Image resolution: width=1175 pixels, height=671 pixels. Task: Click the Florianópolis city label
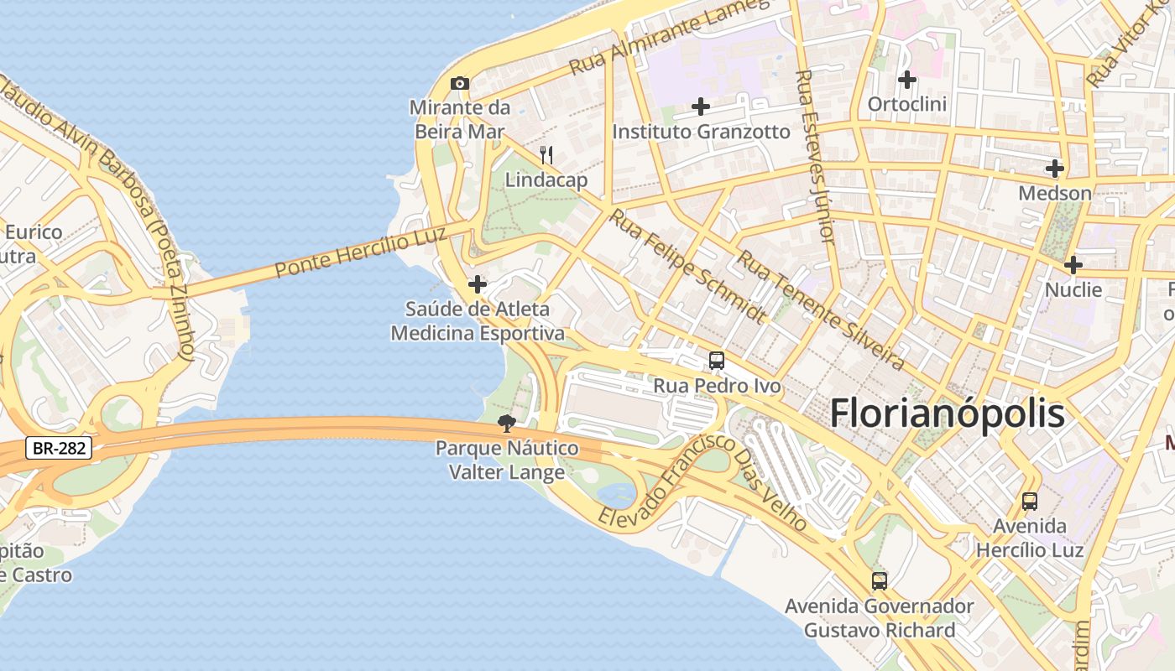[x=948, y=414]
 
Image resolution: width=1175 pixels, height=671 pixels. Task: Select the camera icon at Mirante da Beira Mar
[x=460, y=83]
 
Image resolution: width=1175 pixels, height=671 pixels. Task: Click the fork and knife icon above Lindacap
[x=546, y=154]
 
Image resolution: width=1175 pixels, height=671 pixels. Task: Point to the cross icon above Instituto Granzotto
[x=701, y=107]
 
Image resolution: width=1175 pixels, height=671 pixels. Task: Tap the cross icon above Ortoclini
[x=906, y=80]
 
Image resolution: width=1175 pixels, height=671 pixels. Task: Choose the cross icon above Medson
[x=1055, y=169]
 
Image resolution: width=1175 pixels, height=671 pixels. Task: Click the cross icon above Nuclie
[x=1073, y=265]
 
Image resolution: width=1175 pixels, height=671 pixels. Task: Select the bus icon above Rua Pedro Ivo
[x=717, y=361]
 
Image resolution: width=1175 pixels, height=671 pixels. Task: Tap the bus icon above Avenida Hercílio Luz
[x=1030, y=502]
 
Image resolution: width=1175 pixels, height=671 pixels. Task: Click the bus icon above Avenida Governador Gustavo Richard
[x=880, y=580]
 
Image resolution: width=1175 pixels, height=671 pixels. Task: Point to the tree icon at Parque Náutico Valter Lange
[x=506, y=424]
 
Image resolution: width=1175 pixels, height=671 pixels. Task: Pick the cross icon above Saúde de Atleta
[x=478, y=284]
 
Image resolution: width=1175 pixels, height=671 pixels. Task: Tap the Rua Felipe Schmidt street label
[x=687, y=266]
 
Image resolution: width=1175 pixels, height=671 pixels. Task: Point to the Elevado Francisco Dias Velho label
[x=702, y=481]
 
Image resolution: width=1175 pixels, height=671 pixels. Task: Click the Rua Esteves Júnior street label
[x=815, y=155]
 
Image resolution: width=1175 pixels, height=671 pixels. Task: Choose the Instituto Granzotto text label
[x=701, y=132]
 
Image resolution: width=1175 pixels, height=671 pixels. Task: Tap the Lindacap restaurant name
[x=546, y=179]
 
